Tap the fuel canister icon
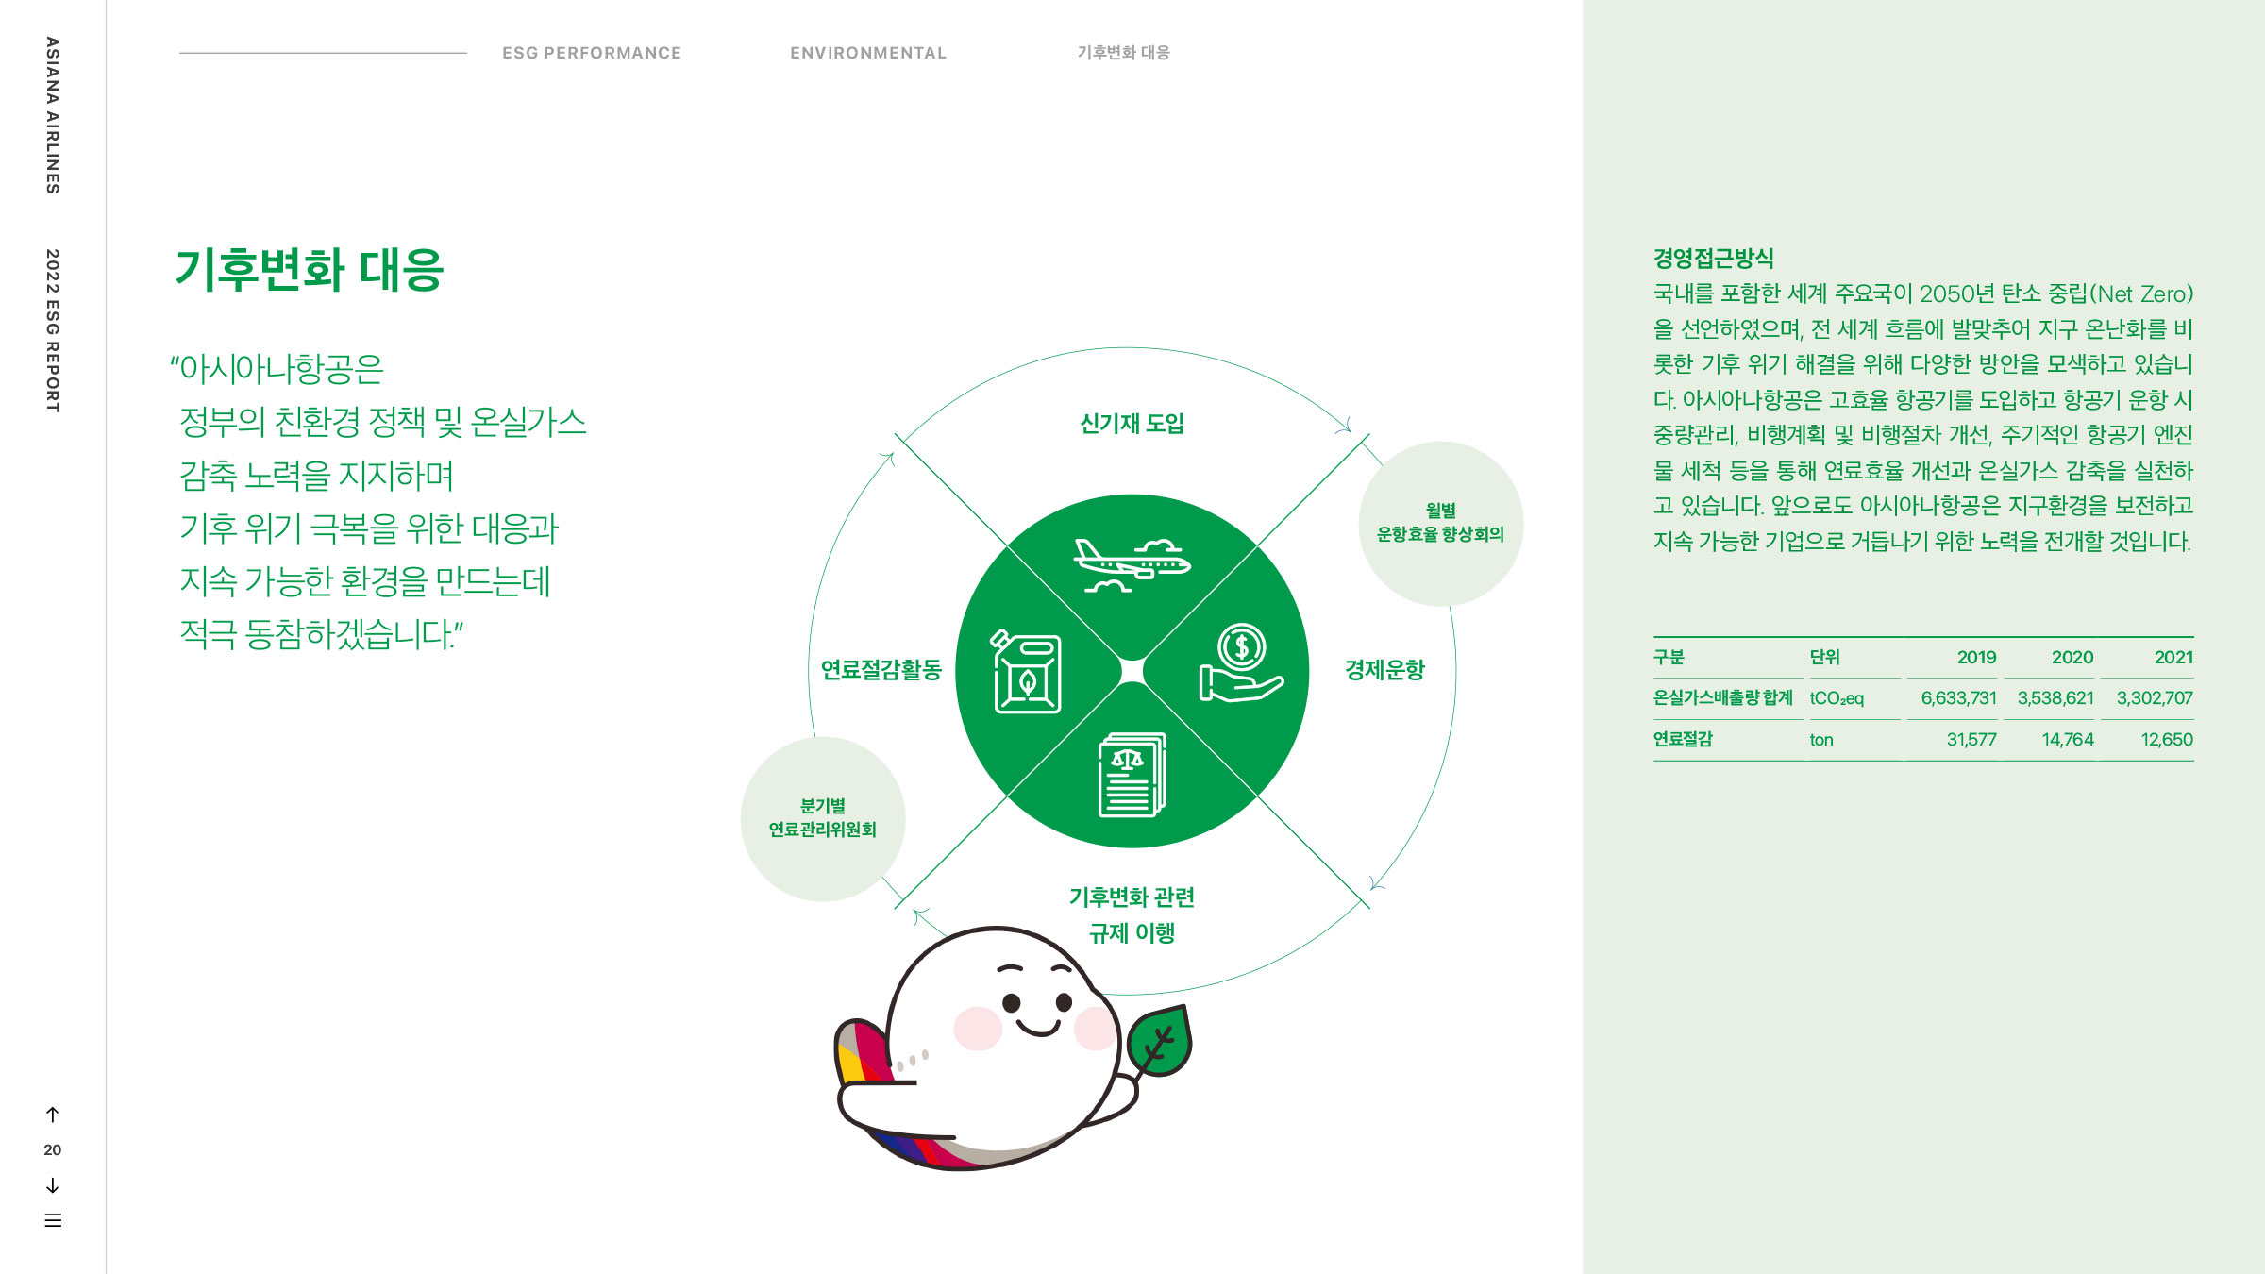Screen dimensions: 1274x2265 pyautogui.click(x=1027, y=672)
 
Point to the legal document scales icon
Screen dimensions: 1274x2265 pyautogui.click(x=1132, y=775)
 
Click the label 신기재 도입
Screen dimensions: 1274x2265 pyautogui.click(x=1132, y=424)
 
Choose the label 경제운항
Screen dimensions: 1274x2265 pyautogui.click(x=1384, y=670)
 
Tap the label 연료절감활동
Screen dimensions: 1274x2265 pyautogui.click(x=881, y=670)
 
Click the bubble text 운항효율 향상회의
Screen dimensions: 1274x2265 pyautogui.click(x=1440, y=534)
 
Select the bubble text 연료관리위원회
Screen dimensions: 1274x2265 pyautogui.click(x=822, y=830)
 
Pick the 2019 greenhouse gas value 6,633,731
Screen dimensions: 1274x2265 pyautogui.click(x=1958, y=698)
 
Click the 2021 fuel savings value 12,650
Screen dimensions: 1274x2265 pyautogui.click(x=2166, y=740)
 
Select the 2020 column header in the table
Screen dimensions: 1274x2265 pyautogui.click(x=2072, y=658)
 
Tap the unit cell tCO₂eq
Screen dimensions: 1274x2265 pyautogui.click(x=1836, y=698)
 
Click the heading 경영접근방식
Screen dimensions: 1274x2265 pyautogui.click(x=1713, y=259)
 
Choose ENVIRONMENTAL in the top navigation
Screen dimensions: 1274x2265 pyautogui.click(x=868, y=53)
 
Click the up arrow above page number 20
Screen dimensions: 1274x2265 pyautogui.click(x=53, y=1115)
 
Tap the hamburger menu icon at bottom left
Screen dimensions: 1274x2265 pyautogui.click(x=53, y=1220)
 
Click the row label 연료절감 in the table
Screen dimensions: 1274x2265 pyautogui.click(x=1682, y=740)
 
